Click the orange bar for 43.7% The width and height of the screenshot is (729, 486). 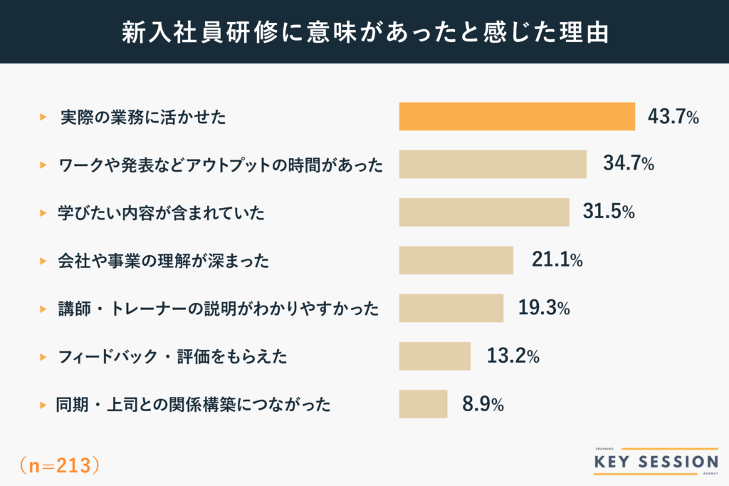(x=517, y=117)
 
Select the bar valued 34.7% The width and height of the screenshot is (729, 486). (x=493, y=165)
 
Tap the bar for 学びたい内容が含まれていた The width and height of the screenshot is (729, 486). (x=484, y=212)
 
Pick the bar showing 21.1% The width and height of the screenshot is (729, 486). (x=456, y=260)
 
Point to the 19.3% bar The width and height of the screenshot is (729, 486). (x=451, y=308)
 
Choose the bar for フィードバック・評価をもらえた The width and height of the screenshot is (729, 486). (x=435, y=356)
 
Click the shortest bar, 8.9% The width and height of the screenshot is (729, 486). (x=423, y=403)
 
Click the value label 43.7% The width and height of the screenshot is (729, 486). (x=673, y=117)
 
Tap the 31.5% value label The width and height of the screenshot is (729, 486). (x=609, y=212)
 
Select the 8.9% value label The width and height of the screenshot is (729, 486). (x=483, y=404)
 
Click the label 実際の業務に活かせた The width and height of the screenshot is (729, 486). (x=143, y=118)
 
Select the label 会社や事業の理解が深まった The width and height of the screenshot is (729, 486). (x=164, y=261)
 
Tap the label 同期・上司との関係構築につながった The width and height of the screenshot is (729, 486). (x=194, y=405)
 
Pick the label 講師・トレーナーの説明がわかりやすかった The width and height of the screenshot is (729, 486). (x=218, y=309)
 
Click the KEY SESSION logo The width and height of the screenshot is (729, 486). (x=656, y=462)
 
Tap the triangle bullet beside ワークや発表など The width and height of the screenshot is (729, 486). (x=43, y=165)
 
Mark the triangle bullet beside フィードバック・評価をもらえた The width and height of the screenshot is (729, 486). (x=43, y=356)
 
